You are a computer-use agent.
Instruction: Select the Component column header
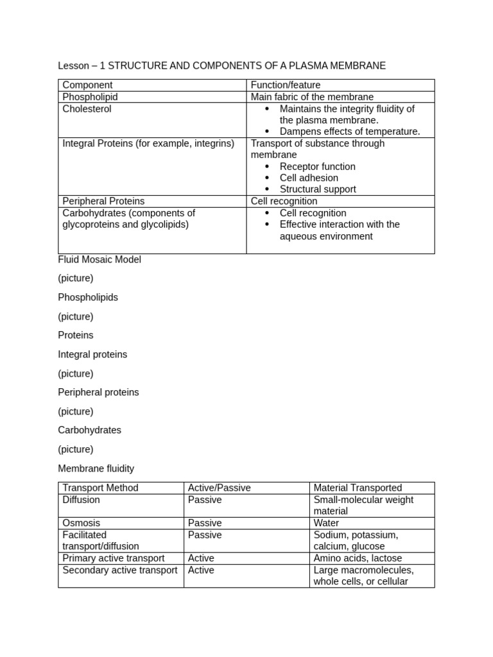87,85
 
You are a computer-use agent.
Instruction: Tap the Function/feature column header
285,85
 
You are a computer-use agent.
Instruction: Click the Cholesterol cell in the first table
87,109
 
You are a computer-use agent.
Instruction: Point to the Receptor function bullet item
317,166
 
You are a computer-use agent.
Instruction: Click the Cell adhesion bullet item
309,178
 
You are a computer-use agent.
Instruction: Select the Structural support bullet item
318,189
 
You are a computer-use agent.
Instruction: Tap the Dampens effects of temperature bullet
350,132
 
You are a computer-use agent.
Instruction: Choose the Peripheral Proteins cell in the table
103,201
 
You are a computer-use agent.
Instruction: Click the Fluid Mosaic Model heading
99,260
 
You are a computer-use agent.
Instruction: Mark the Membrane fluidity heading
96,468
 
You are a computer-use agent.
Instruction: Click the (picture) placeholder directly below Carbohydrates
76,449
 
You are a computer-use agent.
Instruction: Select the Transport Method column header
100,488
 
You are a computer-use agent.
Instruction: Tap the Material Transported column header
358,488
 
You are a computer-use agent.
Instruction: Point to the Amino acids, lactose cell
358,558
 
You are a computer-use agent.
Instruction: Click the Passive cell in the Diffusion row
205,500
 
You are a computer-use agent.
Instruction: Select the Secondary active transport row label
120,570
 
